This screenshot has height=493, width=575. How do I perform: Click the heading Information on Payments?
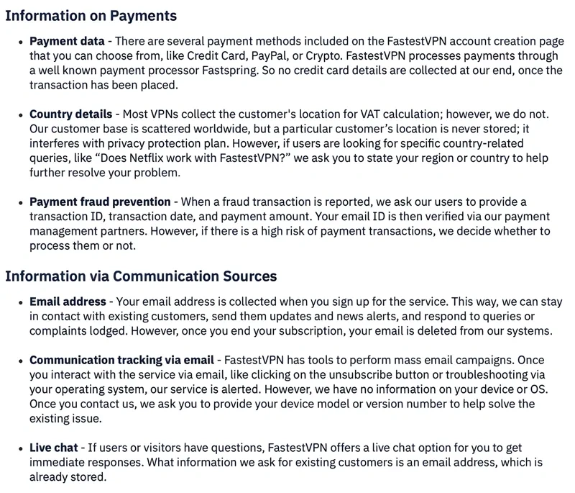pos(91,16)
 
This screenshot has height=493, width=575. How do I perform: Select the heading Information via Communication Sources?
pos(141,276)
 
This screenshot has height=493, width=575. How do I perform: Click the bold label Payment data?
pos(67,41)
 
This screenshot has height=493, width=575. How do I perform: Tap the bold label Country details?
pos(70,114)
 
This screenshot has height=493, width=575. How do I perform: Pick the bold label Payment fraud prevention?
pos(100,202)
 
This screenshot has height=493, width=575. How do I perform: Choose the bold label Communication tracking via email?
pos(121,360)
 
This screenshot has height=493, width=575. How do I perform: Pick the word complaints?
pos(63,331)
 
